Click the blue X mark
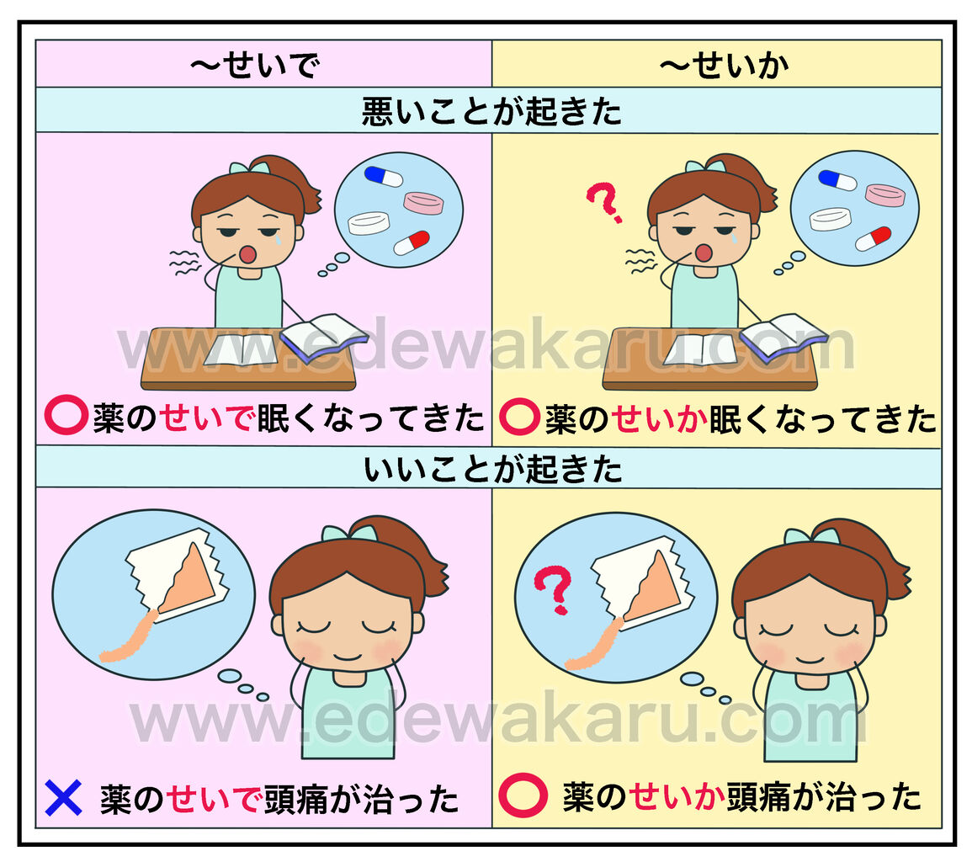click(63, 797)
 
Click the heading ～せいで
click(255, 65)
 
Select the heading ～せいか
click(724, 65)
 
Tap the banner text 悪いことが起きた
click(491, 111)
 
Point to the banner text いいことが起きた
click(493, 468)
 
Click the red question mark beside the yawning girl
click(603, 202)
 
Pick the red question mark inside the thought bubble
click(553, 590)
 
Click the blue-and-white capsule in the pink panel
click(383, 175)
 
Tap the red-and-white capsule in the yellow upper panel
click(873, 238)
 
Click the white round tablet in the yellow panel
click(830, 219)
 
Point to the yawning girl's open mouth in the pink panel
click(248, 253)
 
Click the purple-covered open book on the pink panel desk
click(324, 338)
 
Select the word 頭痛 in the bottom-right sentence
click(758, 796)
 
